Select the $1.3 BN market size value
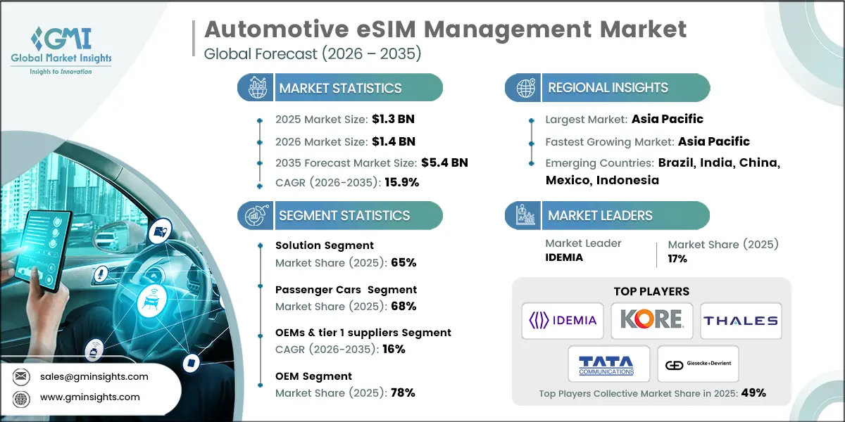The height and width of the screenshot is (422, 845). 389,120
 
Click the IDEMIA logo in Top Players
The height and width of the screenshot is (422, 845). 563,321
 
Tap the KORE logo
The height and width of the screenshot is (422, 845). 651,321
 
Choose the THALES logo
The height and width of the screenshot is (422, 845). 740,321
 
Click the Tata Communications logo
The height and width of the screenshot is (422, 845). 606,364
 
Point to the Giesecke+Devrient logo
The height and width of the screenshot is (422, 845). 698,364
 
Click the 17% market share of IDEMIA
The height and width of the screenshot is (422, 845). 677,258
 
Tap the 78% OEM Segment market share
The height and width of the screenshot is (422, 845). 402,392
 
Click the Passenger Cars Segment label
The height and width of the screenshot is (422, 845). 346,290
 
